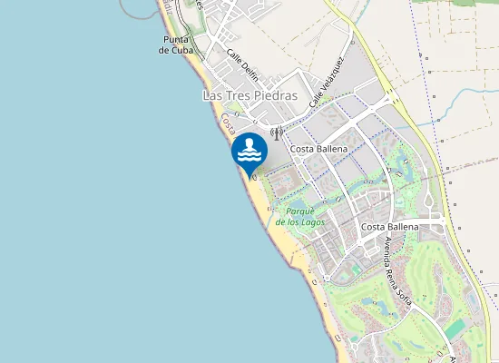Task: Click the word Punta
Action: pos(176,40)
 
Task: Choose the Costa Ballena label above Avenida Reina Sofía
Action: pos(389,226)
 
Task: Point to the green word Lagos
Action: pos(312,221)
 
